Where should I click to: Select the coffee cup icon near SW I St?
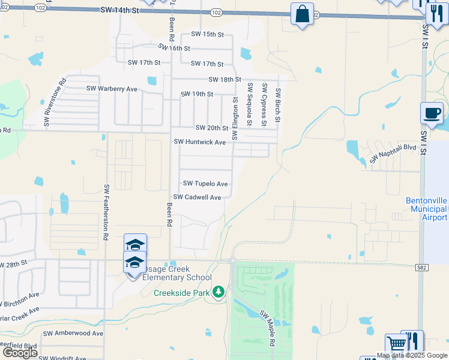(x=432, y=113)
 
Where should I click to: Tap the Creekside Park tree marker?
(x=219, y=292)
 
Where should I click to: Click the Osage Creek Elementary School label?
(x=177, y=277)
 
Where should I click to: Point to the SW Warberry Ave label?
(x=112, y=89)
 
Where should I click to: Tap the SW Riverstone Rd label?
(x=54, y=104)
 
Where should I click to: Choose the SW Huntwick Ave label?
(x=199, y=142)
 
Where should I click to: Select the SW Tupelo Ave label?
(x=205, y=184)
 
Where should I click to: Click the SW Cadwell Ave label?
(x=197, y=197)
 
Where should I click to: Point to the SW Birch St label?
(x=278, y=106)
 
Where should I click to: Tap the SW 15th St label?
(x=207, y=34)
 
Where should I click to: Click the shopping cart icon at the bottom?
(x=396, y=344)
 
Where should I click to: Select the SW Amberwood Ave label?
(x=73, y=333)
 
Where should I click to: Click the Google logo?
(x=20, y=353)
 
